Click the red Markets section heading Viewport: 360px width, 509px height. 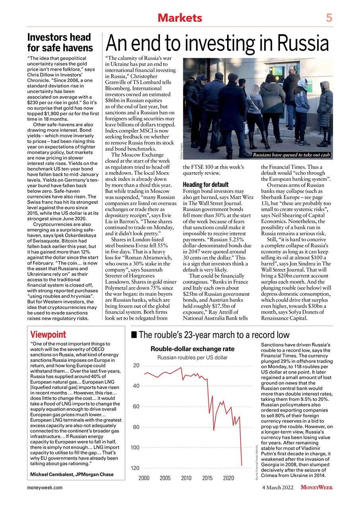(x=180, y=18)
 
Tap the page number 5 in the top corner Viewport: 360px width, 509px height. (x=329, y=18)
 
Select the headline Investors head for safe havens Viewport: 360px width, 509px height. (x=59, y=43)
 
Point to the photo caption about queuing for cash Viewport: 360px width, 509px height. (x=292, y=155)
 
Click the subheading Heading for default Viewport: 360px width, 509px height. (x=206, y=185)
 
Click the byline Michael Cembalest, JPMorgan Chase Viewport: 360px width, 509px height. (x=72, y=474)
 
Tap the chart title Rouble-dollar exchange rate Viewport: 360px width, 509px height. (x=192, y=349)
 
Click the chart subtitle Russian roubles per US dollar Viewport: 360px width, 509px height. (x=192, y=357)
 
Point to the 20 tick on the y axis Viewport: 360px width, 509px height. (x=136, y=365)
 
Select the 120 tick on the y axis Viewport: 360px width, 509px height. (x=135, y=468)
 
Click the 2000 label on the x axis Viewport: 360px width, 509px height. (x=144, y=478)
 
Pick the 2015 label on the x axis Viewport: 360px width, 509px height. (x=207, y=478)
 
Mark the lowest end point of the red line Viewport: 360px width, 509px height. (x=241, y=465)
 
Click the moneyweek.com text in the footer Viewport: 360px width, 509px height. (x=45, y=488)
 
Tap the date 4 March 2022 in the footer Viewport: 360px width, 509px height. (x=278, y=488)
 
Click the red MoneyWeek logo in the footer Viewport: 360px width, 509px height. (x=317, y=488)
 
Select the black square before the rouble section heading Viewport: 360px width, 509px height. (x=134, y=335)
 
